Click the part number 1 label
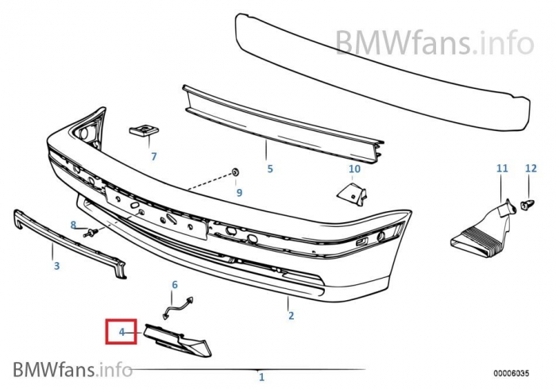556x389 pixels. [x=261, y=377]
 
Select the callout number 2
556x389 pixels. [x=291, y=316]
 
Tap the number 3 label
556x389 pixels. [x=56, y=266]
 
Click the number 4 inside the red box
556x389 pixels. [x=122, y=331]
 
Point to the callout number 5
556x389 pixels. [x=269, y=168]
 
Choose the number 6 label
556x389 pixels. [x=176, y=284]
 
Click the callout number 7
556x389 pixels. [x=154, y=156]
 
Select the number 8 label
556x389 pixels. [x=74, y=225]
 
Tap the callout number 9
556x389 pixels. [x=238, y=192]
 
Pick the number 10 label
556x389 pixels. [x=354, y=168]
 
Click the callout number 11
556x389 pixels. [x=501, y=168]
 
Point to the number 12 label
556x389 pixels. [x=531, y=168]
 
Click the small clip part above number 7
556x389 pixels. [x=142, y=129]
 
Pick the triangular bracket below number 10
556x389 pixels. [x=348, y=192]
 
